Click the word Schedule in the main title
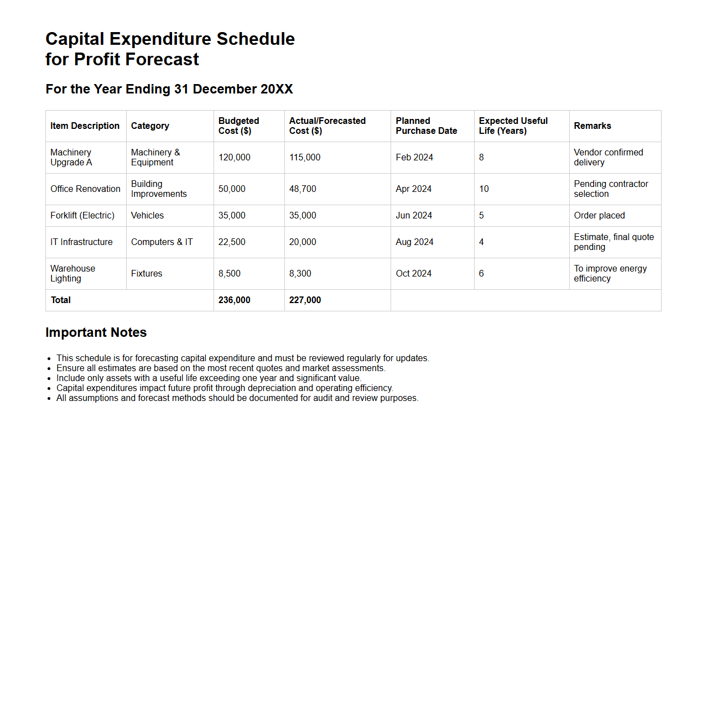tap(256, 39)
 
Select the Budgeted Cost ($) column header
tap(238, 126)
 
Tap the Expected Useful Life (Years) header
tap(513, 126)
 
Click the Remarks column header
tap(592, 126)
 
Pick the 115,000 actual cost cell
tap(305, 158)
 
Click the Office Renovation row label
tap(85, 189)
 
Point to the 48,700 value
tap(303, 189)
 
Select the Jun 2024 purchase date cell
tap(414, 216)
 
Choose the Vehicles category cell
tap(147, 216)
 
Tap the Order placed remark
tap(599, 216)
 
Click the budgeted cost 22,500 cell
tap(232, 242)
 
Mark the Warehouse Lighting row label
tap(72, 274)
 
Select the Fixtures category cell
tap(147, 274)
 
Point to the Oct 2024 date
tap(413, 274)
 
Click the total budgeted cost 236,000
tap(234, 300)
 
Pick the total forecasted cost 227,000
tap(305, 300)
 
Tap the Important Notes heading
tap(96, 332)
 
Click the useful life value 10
tap(484, 189)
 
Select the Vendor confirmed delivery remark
tap(608, 158)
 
